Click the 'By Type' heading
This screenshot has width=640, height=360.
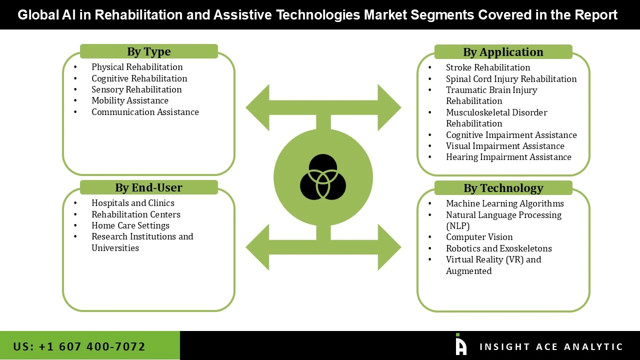[148, 51]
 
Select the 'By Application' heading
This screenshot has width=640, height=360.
[503, 52]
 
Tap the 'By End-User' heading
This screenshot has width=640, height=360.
[148, 187]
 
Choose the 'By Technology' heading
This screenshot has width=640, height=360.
[503, 188]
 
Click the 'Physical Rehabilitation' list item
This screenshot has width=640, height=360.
[137, 67]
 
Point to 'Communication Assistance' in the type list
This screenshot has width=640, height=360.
[145, 112]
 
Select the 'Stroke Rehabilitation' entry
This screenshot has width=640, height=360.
[488, 67]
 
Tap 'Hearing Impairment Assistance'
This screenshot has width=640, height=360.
[508, 157]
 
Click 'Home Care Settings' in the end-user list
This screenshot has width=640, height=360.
[130, 225]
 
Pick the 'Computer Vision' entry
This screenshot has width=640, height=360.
[479, 237]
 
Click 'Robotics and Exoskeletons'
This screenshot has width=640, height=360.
[498, 248]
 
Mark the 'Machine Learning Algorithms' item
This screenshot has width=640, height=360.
[504, 203]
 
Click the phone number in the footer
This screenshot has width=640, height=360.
[79, 346]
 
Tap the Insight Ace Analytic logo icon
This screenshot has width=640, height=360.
[460, 344]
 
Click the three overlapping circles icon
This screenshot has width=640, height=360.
[323, 177]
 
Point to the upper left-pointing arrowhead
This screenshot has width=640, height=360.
[258, 107]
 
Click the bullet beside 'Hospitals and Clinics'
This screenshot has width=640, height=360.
[75, 203]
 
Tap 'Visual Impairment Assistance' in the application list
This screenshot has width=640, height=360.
[505, 146]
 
